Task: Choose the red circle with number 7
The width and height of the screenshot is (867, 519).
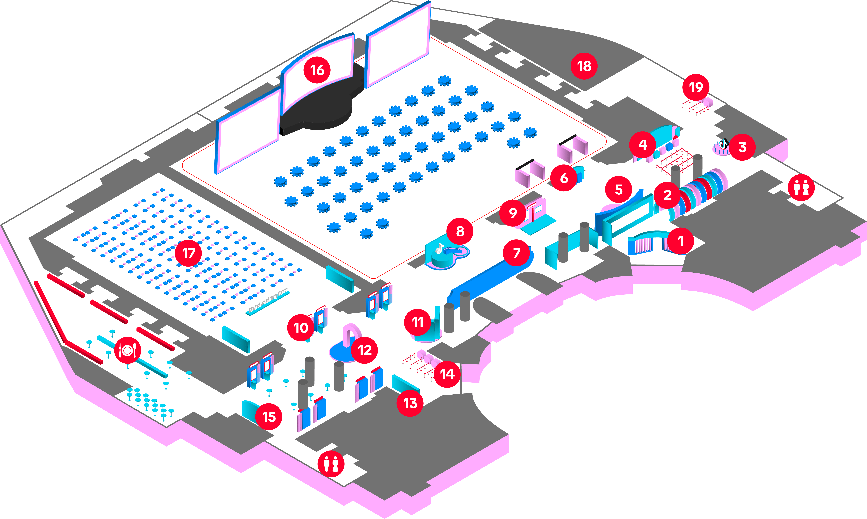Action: coord(516,252)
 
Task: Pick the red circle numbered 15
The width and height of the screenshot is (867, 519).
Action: coord(269,417)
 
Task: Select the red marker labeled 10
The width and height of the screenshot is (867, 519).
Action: coord(301,328)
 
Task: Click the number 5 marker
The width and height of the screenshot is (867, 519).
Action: coord(619,190)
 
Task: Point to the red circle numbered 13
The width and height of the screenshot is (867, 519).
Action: coord(410,403)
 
